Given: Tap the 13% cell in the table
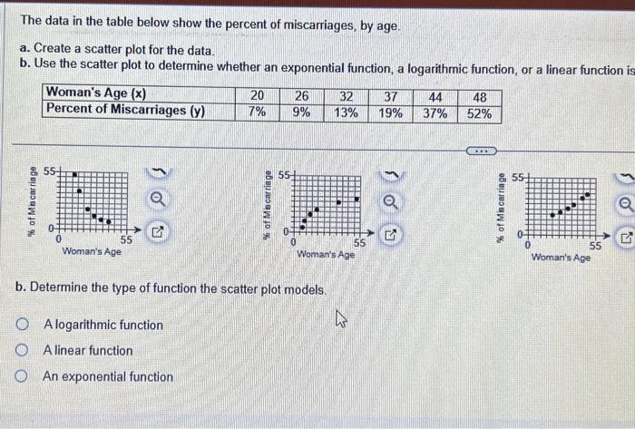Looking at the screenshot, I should point(346,113).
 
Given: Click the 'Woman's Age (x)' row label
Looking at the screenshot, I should point(96,93).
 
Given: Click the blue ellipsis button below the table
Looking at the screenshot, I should point(480,151).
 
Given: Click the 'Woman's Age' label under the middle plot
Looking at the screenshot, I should point(326,255).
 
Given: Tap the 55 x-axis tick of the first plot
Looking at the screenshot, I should point(126,240).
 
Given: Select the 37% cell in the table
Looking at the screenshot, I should point(435,113).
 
